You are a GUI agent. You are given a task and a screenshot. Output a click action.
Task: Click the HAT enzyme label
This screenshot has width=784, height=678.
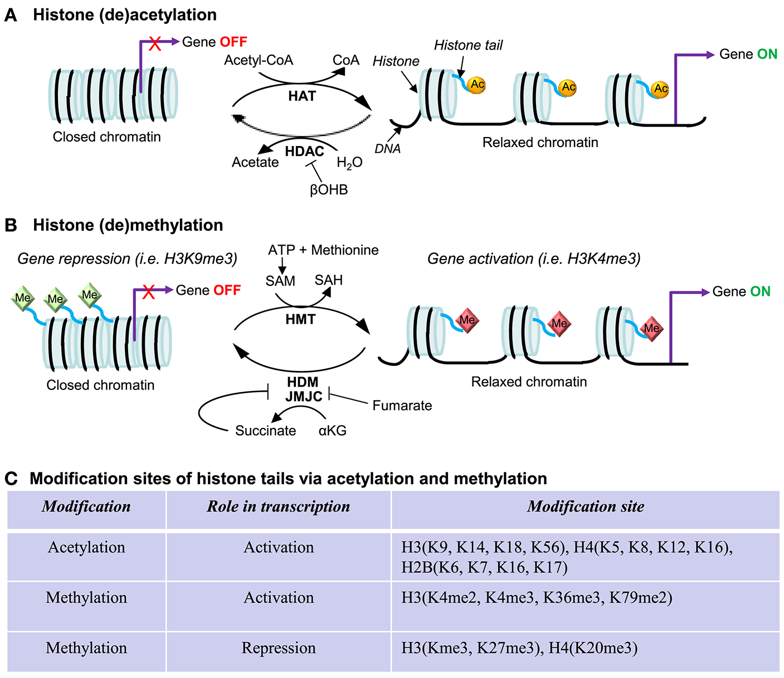point(301,96)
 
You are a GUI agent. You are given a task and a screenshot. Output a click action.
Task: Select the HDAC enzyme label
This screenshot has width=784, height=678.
point(304,152)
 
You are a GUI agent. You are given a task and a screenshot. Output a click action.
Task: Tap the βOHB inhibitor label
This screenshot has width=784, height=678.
point(329,190)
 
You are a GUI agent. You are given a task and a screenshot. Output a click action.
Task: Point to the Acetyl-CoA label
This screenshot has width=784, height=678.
point(259,60)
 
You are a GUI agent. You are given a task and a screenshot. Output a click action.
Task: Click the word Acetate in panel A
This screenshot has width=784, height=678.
point(255,163)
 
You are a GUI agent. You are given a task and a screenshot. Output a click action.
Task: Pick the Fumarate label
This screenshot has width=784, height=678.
point(402,406)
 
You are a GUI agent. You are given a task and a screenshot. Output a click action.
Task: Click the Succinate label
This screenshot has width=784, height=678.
point(265,431)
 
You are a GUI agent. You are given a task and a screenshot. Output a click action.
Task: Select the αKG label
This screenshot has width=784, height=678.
point(333,431)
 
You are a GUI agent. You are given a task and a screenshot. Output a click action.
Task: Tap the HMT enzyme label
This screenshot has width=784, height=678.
point(300,320)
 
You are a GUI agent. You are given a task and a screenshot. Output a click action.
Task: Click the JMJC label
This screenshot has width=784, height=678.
point(304,397)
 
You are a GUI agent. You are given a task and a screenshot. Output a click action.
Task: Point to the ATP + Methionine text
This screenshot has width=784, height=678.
point(323,250)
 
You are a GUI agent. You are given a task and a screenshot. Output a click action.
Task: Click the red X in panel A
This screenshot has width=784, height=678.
point(155,43)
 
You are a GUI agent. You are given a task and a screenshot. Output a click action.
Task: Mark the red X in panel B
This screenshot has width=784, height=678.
point(148,291)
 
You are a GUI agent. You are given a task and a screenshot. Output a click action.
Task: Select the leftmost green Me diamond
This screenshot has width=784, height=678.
point(23,298)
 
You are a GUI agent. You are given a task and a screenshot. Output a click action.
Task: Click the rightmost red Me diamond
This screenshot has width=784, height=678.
point(651,328)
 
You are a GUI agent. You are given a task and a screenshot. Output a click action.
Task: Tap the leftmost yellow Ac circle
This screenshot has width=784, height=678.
point(477,85)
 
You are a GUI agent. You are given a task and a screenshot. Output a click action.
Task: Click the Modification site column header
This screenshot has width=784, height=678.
point(585,506)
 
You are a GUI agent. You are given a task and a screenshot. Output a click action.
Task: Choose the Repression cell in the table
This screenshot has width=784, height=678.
point(279,648)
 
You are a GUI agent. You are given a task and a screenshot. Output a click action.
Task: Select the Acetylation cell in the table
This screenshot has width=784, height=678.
point(86,547)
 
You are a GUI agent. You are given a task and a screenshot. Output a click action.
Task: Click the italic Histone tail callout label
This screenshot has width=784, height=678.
point(468,45)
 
